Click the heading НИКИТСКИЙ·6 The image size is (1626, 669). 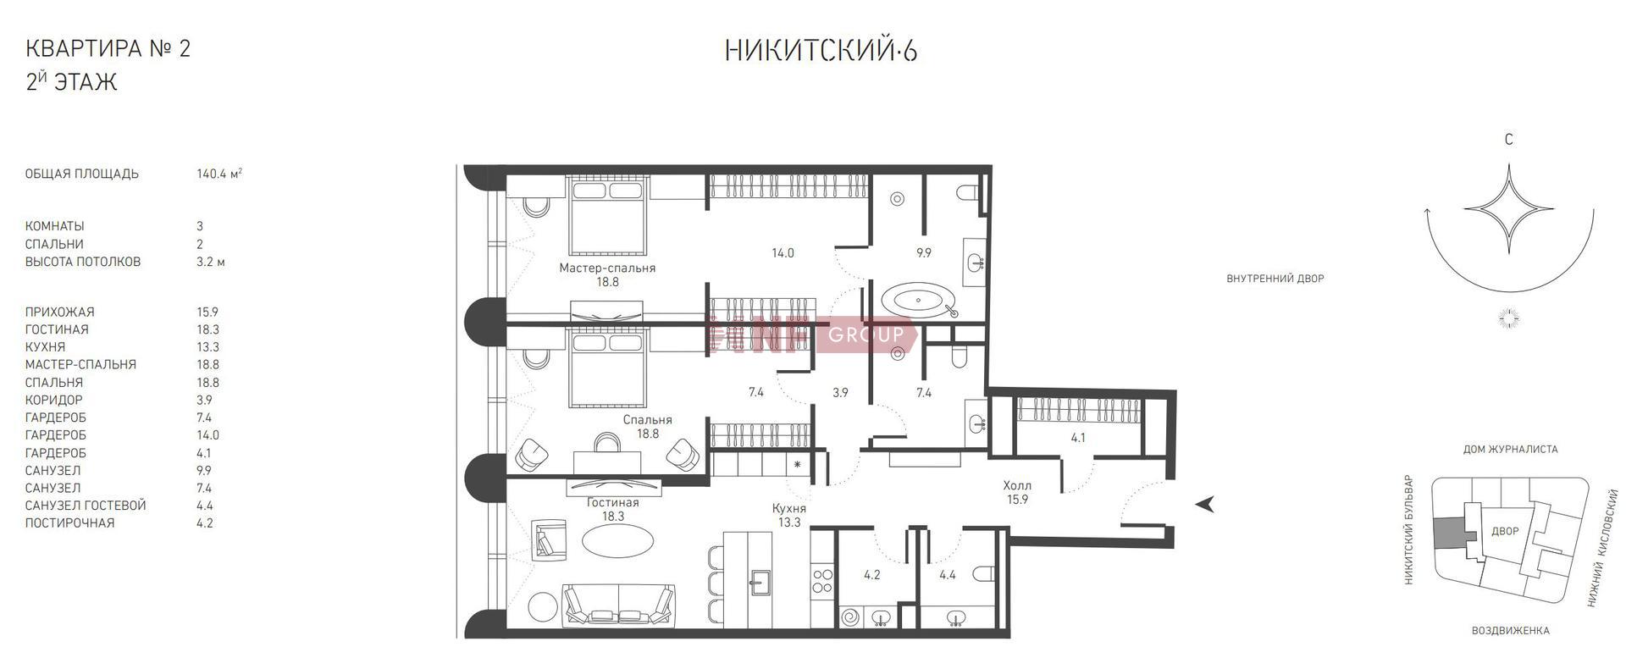pos(821,51)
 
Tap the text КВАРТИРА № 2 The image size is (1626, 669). pos(108,48)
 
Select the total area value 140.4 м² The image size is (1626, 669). pos(219,174)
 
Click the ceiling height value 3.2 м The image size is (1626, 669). pos(211,262)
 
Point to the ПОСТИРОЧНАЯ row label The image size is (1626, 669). pos(69,522)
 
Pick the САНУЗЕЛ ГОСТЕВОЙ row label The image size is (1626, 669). pos(86,506)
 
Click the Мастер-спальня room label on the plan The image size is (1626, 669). pos(607,268)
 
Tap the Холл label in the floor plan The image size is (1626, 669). pos(1017,485)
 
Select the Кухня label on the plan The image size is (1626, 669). pos(788,508)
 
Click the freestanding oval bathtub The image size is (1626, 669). pos(919,301)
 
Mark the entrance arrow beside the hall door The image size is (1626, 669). pos(1206,504)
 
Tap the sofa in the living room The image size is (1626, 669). pos(619,606)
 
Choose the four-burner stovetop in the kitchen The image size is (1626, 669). pos(823,580)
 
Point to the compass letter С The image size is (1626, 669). pos(1508,140)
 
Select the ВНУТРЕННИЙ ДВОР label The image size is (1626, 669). pos(1275,279)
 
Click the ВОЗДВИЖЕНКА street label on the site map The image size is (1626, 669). pos(1510,631)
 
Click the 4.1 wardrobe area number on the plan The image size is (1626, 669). pos(1077,438)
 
